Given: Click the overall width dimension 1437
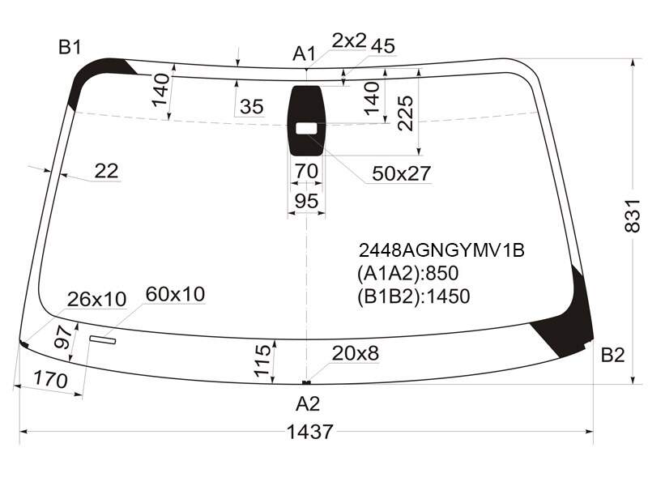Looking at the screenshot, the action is coord(309,432).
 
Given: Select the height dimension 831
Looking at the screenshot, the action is coord(632,215).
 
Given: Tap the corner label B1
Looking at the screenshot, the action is coord(70,48).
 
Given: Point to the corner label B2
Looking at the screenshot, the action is coord(612,355).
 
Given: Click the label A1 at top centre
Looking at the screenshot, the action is coord(305,53).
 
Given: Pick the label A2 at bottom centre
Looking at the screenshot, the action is coord(308,403).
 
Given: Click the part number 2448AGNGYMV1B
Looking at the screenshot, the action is coord(441,250).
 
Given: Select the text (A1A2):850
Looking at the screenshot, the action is coord(408,274).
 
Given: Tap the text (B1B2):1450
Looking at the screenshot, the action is coord(414,296).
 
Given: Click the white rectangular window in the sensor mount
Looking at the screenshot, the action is coord(306,129).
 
